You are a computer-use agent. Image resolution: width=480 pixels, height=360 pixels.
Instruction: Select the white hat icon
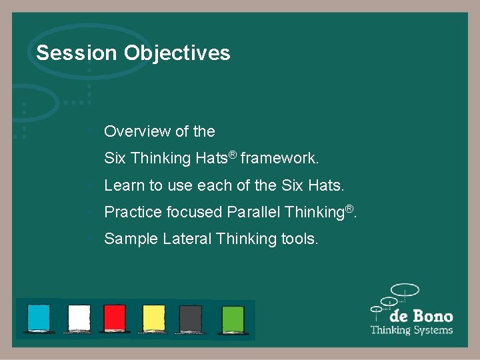[x=79, y=318]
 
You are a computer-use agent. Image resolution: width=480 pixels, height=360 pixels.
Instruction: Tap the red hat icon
[x=115, y=318]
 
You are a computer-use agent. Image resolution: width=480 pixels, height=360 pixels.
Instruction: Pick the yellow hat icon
[x=153, y=318]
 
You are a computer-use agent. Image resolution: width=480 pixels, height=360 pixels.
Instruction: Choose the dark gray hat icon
[x=191, y=318]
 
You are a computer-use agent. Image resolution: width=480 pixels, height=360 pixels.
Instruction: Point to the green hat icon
[x=233, y=318]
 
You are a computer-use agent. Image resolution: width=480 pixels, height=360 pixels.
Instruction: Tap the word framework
[x=279, y=159]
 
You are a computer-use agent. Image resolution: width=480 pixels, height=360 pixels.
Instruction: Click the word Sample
[x=131, y=239]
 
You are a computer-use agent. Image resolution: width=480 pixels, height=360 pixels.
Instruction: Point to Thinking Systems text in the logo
[x=411, y=330]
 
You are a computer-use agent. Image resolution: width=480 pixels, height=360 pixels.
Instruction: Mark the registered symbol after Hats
[x=233, y=155]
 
